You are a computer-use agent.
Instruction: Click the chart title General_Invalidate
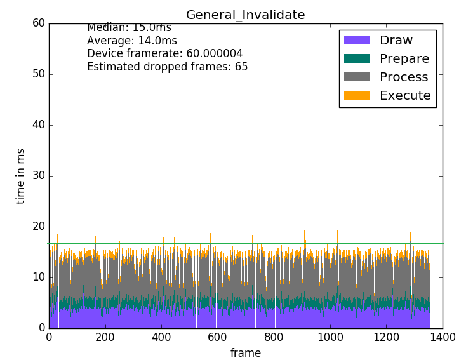[x=245, y=15]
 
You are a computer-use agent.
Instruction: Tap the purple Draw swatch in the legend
[x=356, y=40]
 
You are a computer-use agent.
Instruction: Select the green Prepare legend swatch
[x=356, y=58]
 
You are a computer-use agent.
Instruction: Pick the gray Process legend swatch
[x=356, y=77]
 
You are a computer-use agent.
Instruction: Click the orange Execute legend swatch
[x=356, y=95]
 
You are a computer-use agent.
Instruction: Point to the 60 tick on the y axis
[x=39, y=23]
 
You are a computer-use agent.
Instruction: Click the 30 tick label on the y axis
[x=39, y=176]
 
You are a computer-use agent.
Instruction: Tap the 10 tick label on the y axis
[x=39, y=277]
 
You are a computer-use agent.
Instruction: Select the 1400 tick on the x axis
[x=443, y=337]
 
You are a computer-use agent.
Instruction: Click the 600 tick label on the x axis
[x=218, y=337]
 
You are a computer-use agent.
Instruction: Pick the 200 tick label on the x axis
[x=105, y=337]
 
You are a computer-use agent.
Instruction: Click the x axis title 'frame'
[x=246, y=352]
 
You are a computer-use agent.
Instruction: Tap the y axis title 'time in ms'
[x=21, y=176]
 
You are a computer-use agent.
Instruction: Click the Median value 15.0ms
[x=152, y=28]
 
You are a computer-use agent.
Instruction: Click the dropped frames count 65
[x=241, y=67]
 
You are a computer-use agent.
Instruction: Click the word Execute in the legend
[x=405, y=95]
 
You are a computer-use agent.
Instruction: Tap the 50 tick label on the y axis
[x=39, y=74]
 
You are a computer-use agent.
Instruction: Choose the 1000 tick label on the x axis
[x=330, y=337]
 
